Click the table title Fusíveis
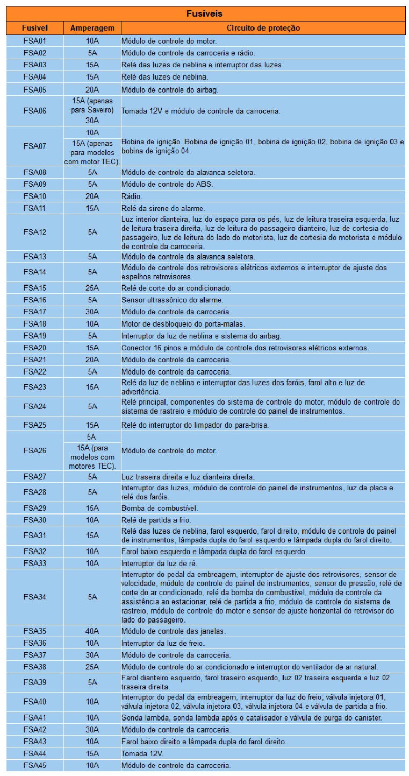pyautogui.click(x=204, y=13)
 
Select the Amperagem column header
pyautogui.click(x=92, y=28)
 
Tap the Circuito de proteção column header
pyautogui.click(x=263, y=28)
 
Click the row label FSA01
pyautogui.click(x=35, y=41)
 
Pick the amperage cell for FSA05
pyautogui.click(x=92, y=90)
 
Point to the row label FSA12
pyautogui.click(x=35, y=232)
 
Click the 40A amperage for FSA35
pyautogui.click(x=92, y=631)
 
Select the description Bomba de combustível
pyautogui.click(x=160, y=508)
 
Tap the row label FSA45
pyautogui.click(x=35, y=765)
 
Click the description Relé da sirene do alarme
pyautogui.click(x=163, y=208)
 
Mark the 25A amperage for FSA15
pyautogui.click(x=92, y=288)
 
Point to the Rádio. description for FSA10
pyautogui.click(x=132, y=196)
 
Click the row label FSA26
pyautogui.click(x=35, y=450)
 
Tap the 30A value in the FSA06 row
pyautogui.click(x=92, y=121)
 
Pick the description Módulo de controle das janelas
pyautogui.click(x=173, y=631)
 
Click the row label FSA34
pyautogui.click(x=35, y=597)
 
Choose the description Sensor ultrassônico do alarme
pyautogui.click(x=172, y=300)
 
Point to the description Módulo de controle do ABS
pyautogui.click(x=167, y=185)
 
